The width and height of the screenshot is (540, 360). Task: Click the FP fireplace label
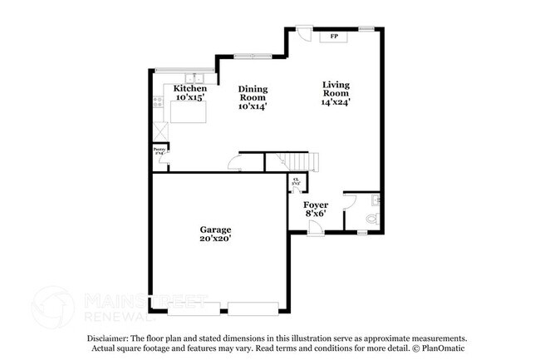[x=334, y=37]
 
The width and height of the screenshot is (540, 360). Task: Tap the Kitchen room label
[x=189, y=87]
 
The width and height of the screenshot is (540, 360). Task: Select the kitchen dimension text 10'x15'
[x=189, y=97]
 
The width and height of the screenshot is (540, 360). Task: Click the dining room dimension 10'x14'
[x=253, y=106]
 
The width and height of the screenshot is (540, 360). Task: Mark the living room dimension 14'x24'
[x=336, y=103]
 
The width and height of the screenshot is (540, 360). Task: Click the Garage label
[x=214, y=229]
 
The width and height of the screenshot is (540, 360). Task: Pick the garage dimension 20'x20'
[x=214, y=239]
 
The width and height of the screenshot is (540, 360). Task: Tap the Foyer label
[x=315, y=205]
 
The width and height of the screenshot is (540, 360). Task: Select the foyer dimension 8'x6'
[x=315, y=214]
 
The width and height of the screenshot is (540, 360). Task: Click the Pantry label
[x=159, y=150]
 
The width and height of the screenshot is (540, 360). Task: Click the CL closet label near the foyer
[x=296, y=181]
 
